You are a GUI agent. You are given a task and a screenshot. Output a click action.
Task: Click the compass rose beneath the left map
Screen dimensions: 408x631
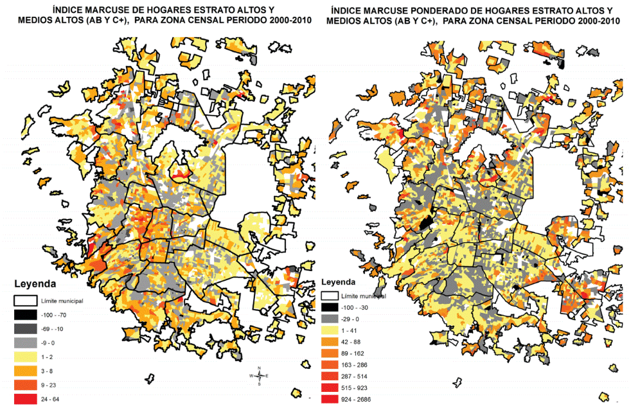coord(258,376)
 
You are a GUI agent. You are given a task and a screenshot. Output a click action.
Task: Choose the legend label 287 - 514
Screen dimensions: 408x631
coord(357,376)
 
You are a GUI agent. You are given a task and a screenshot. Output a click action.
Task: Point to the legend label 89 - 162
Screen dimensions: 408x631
coord(355,353)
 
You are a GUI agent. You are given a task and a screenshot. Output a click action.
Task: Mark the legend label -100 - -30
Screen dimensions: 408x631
coord(358,307)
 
